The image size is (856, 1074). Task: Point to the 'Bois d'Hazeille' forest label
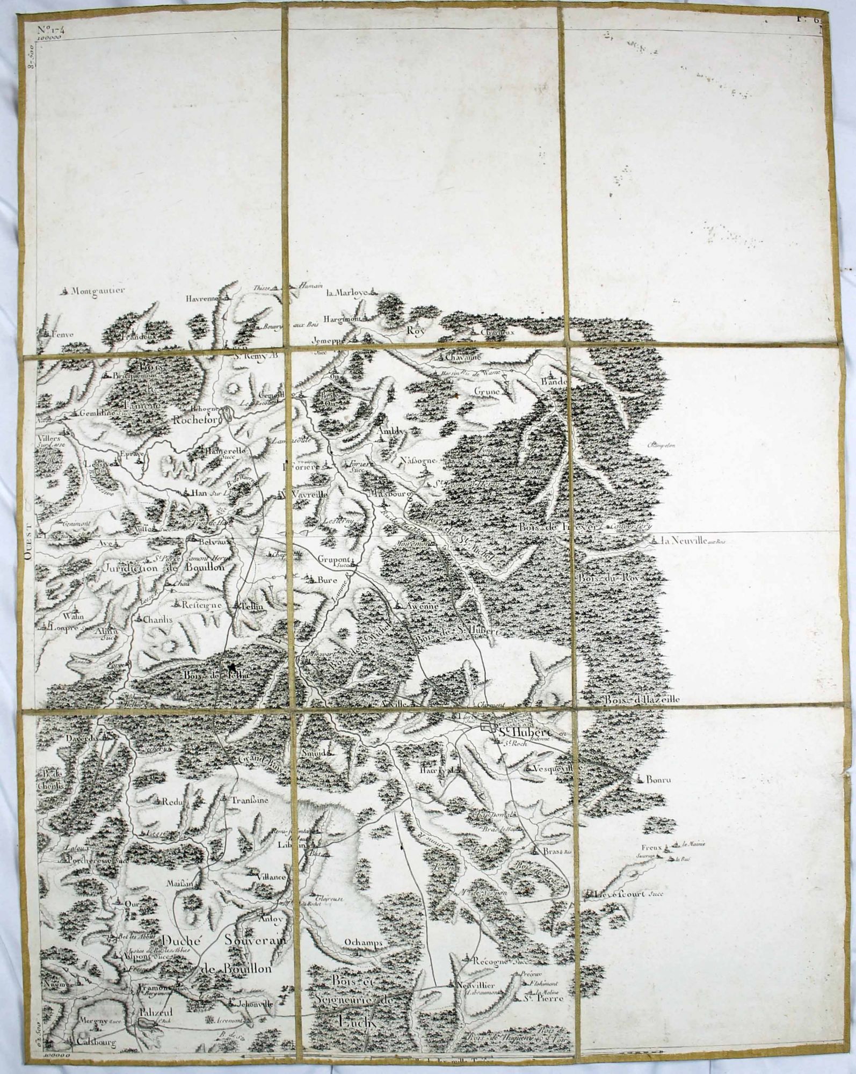click(642, 700)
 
